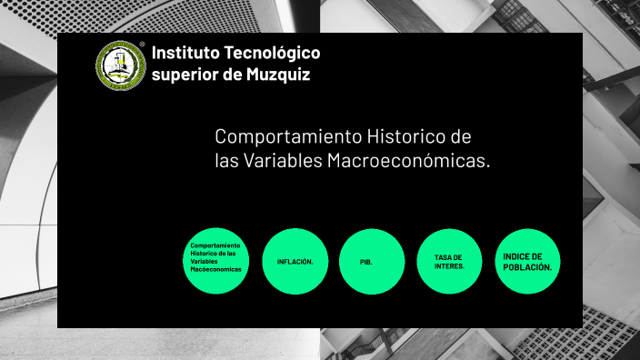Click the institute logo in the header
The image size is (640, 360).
pyautogui.click(x=121, y=65)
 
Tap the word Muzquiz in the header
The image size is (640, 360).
pyautogui.click(x=278, y=75)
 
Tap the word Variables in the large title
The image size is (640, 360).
pyautogui.click(x=283, y=161)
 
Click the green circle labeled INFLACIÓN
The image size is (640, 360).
pyautogui.click(x=295, y=261)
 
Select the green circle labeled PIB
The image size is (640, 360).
pyautogui.click(x=373, y=261)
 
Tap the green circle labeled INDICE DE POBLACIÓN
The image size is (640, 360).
pyautogui.click(x=527, y=261)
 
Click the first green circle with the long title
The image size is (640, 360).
pyautogui.click(x=215, y=261)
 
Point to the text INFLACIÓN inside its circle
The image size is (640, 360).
pyautogui.click(x=295, y=262)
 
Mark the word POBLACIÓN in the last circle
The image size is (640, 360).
pyautogui.click(x=528, y=266)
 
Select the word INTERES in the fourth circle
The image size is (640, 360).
pyautogui.click(x=449, y=266)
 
